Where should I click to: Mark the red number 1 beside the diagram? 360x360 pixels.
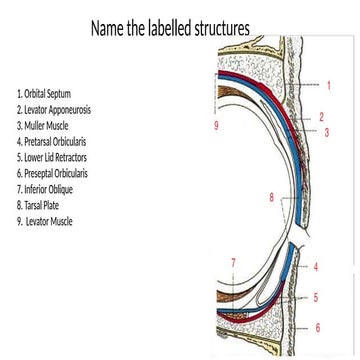point(328,86)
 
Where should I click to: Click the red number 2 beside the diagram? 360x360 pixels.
point(321,117)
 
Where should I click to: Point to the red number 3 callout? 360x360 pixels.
point(327,132)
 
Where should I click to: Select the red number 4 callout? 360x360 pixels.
point(316,268)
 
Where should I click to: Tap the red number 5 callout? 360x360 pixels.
point(316,297)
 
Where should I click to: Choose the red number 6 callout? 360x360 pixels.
point(318,327)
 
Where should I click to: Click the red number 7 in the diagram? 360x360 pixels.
point(233,263)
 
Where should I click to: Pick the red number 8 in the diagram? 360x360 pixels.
point(271,198)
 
